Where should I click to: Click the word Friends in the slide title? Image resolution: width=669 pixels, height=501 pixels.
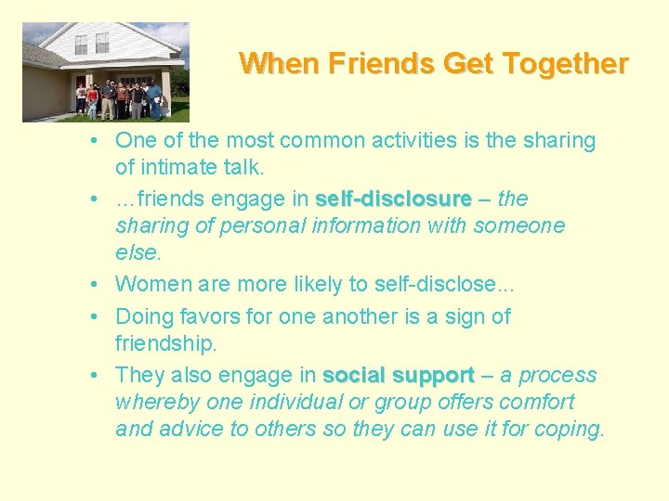tap(386, 64)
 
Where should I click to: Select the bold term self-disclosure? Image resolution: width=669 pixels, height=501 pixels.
tap(393, 199)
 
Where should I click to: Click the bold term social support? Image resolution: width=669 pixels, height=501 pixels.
tap(399, 376)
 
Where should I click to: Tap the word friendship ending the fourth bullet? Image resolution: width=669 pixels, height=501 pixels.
tap(165, 343)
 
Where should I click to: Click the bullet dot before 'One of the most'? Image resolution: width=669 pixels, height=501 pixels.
tap(96, 142)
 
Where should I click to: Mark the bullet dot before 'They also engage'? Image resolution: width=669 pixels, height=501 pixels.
tap(96, 377)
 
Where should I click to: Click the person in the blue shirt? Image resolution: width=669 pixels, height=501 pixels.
tap(154, 98)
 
